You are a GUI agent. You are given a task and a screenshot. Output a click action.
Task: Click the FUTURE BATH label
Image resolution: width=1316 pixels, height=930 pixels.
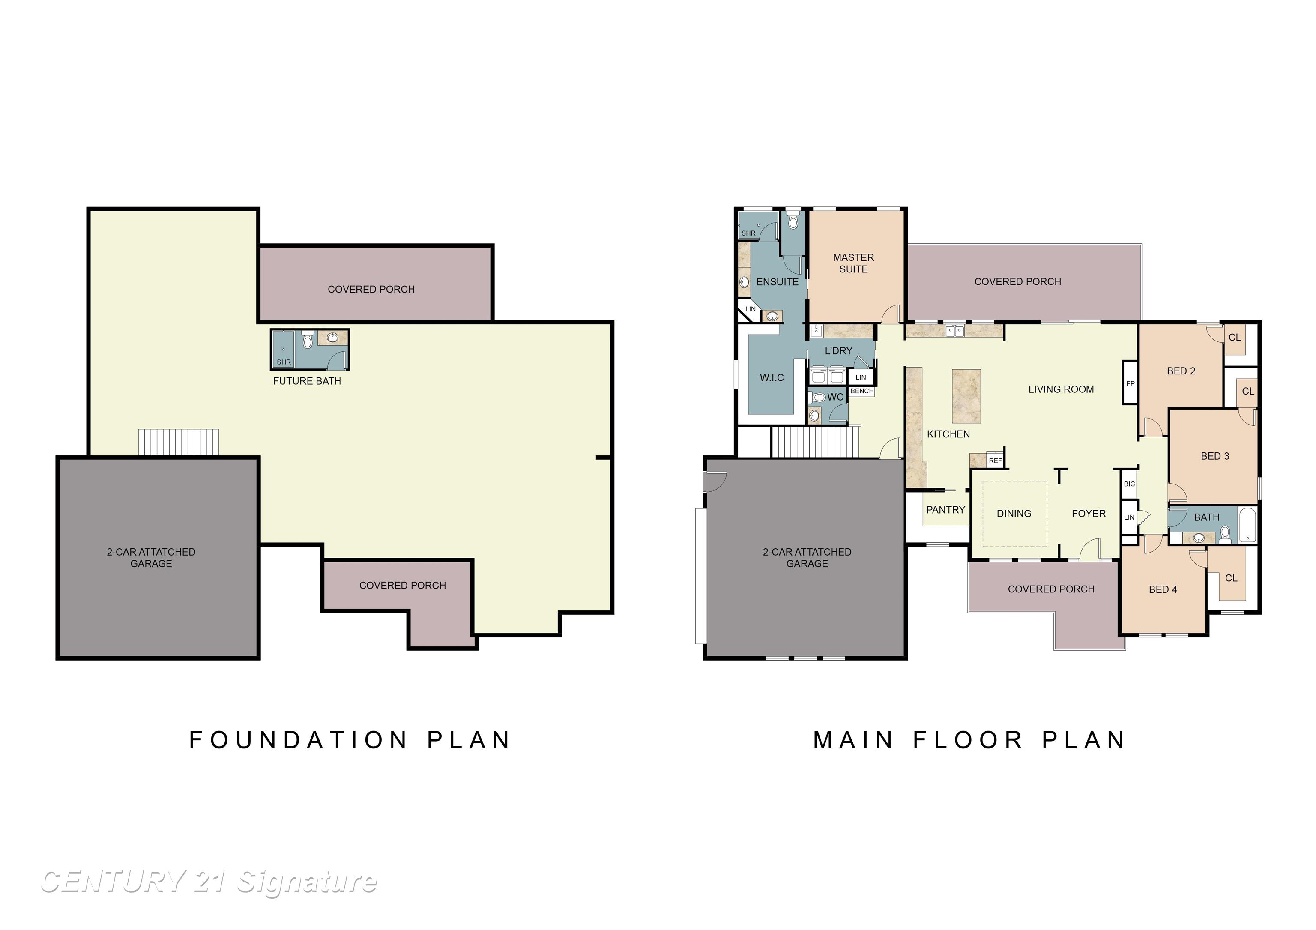[307, 381]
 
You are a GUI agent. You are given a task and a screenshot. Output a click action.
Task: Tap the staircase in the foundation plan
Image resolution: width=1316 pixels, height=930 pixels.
[178, 443]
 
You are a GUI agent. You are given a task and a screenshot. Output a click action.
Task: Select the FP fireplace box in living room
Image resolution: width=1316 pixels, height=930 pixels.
[1130, 383]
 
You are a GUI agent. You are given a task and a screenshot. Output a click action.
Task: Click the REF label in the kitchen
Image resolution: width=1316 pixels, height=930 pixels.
[995, 460]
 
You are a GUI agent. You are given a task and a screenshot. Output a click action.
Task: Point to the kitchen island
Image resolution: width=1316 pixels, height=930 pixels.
[966, 395]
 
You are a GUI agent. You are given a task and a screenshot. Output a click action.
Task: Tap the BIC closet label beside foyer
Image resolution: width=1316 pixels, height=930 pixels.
[1129, 484]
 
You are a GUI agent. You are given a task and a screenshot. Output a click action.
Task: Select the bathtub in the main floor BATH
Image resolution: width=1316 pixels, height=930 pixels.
[1247, 525]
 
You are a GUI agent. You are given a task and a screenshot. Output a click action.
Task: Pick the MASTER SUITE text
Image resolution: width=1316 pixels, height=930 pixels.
[853, 263]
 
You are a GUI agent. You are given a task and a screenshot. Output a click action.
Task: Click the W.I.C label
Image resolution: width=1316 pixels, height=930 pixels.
[772, 378]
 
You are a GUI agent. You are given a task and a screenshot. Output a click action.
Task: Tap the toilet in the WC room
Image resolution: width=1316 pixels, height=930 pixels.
[819, 397]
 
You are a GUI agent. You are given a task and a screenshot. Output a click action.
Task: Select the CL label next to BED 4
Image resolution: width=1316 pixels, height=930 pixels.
[1231, 578]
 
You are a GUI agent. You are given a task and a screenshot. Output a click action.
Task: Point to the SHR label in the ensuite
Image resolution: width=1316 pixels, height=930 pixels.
[748, 233]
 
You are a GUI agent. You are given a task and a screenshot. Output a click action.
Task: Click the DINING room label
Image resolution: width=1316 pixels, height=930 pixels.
[1014, 514]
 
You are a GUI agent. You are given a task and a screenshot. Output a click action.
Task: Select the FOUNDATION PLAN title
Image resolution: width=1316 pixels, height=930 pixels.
[350, 740]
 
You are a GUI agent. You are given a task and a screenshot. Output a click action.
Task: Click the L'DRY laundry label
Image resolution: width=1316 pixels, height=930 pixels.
[838, 351]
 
